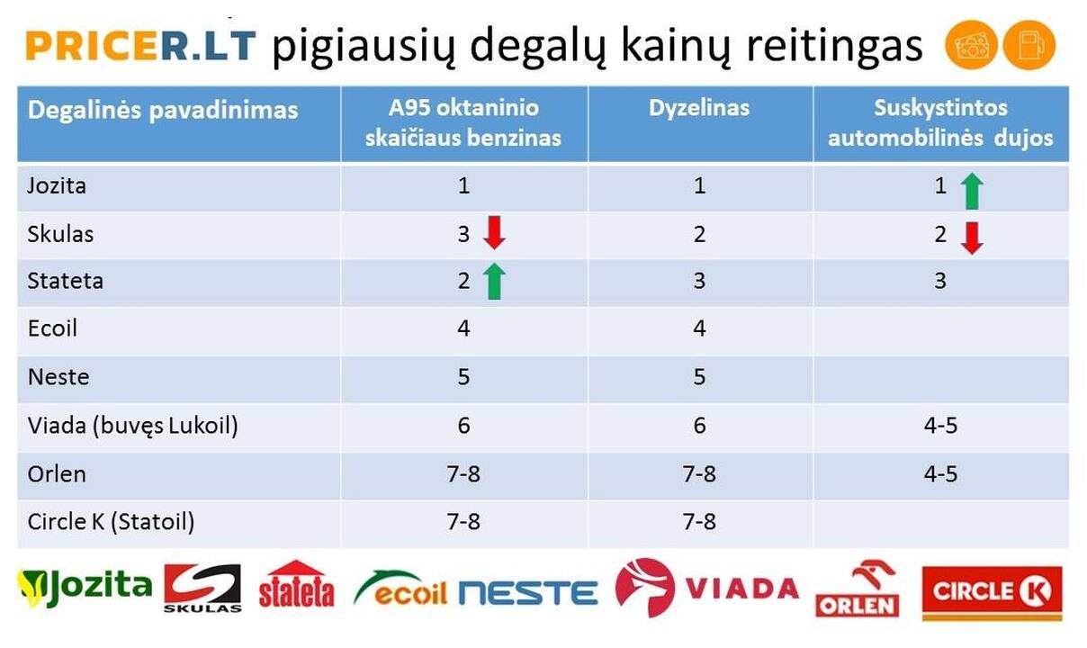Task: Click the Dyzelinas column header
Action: [x=699, y=109]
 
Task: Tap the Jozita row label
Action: [x=57, y=186]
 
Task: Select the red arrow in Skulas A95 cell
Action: [x=495, y=233]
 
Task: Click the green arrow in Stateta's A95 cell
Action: [x=495, y=282]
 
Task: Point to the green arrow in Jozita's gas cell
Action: [x=972, y=191]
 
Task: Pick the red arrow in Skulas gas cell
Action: [x=972, y=238]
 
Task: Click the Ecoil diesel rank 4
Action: [x=699, y=328]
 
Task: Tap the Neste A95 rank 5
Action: [x=463, y=377]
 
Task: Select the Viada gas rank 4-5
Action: [x=940, y=426]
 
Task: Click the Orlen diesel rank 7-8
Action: [x=699, y=473]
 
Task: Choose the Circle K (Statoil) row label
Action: [x=111, y=523]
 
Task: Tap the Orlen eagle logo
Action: [x=858, y=589]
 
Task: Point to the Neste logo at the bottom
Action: [x=528, y=593]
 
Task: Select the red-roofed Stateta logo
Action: [x=297, y=584]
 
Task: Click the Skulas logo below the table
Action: [x=202, y=588]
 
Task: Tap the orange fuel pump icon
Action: [x=1029, y=45]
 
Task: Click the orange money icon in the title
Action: [x=971, y=45]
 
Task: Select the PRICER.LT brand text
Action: [x=140, y=46]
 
